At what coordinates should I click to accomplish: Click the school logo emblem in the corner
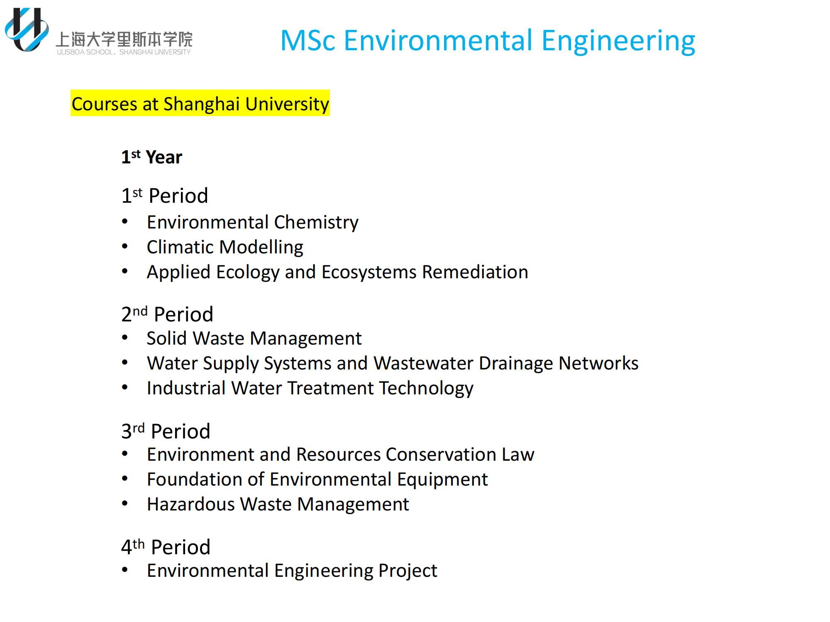[27, 29]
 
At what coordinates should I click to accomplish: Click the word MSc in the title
[308, 41]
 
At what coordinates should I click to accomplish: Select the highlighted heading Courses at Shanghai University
[200, 103]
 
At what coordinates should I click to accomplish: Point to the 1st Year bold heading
[151, 157]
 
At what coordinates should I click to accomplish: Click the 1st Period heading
[164, 195]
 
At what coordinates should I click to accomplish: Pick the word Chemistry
[316, 223]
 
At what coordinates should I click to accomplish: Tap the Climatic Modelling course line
[225, 247]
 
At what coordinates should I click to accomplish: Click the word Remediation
[475, 272]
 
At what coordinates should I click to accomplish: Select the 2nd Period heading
[167, 314]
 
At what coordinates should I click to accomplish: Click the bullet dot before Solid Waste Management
[125, 338]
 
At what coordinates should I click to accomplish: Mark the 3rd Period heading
[166, 431]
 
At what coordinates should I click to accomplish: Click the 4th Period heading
[166, 547]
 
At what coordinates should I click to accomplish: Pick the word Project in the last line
[408, 571]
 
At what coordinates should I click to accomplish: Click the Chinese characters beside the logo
[124, 39]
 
